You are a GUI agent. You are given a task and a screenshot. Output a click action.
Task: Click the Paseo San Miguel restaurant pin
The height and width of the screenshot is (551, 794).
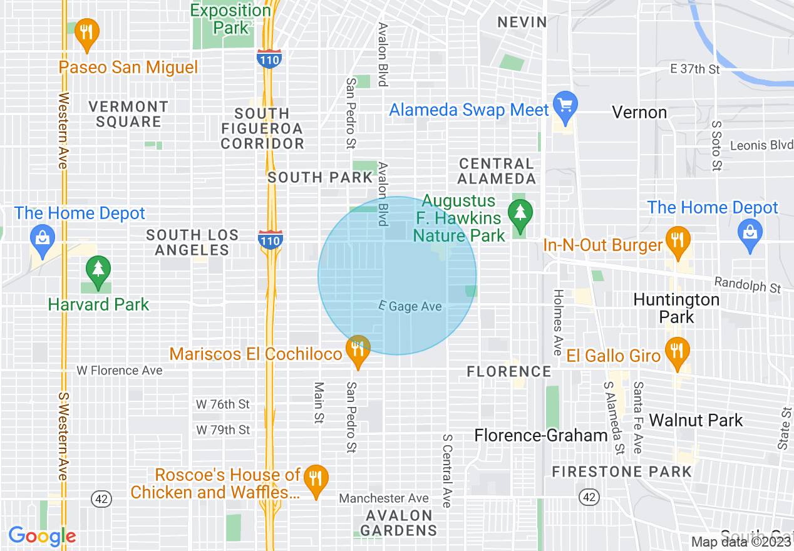pos(86,34)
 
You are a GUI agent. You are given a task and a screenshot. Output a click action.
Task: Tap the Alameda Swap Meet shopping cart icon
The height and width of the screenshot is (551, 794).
pos(566,107)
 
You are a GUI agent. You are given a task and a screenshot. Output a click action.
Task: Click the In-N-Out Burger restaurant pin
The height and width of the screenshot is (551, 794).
pos(678,242)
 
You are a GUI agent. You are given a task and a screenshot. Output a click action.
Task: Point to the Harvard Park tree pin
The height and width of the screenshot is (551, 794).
pos(98,272)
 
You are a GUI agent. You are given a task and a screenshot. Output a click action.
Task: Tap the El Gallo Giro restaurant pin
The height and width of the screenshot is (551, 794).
pos(676,353)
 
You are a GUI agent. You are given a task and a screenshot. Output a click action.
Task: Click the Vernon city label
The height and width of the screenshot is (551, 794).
pos(639,113)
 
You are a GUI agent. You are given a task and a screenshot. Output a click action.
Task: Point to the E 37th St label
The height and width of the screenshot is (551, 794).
pos(695,70)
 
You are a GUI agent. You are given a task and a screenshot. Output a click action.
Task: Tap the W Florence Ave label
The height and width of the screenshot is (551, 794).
pos(120,371)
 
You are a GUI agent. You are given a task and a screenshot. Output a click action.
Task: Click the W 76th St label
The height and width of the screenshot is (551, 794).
pos(223,404)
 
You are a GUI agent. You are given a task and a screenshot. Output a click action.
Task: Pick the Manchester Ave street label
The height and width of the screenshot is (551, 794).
pos(384,498)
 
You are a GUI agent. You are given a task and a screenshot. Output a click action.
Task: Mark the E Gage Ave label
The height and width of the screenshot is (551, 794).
pos(410,307)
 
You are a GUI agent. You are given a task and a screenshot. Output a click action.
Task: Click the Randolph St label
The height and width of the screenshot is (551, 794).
pos(748,286)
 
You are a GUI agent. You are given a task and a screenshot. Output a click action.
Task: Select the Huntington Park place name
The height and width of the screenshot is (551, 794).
pos(676,308)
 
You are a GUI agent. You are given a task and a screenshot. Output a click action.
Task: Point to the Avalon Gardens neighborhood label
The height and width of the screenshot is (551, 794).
pos(399,523)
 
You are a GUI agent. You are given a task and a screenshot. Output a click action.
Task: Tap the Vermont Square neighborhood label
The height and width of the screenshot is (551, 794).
pos(128,114)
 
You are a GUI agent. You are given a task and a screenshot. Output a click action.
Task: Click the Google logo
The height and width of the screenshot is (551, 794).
pos(42,537)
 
